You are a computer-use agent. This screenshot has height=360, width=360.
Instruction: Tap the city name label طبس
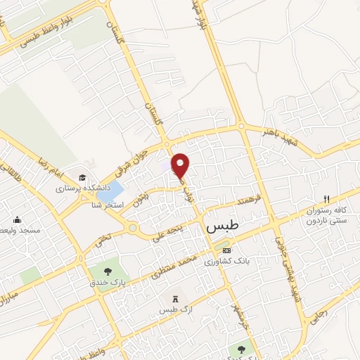click(224, 228)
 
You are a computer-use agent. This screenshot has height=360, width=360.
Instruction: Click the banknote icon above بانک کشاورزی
click(226, 250)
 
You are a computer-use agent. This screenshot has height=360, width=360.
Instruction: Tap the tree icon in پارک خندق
click(108, 271)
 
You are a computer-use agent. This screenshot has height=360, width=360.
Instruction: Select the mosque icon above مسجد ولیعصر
click(16, 219)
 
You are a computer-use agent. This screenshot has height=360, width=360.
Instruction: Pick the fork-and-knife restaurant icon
click(326, 199)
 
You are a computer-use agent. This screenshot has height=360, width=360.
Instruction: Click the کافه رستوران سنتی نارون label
click(326, 216)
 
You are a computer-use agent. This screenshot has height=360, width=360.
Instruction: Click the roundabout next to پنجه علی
click(132, 228)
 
